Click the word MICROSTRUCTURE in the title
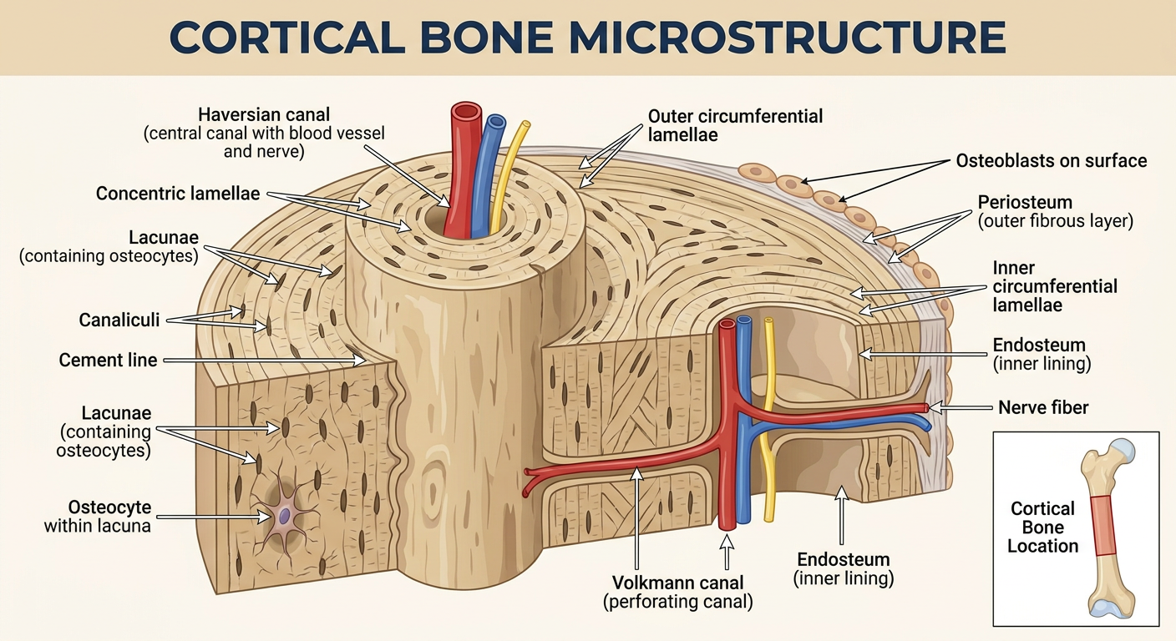pyautogui.click(x=788, y=37)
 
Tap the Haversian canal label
pyautogui.click(x=264, y=133)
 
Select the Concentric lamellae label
pyautogui.click(x=177, y=194)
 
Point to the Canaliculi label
pyautogui.click(x=119, y=320)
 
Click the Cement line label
pyautogui.click(x=108, y=360)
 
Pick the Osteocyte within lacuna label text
pyautogui.click(x=98, y=517)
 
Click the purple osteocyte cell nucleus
pyautogui.click(x=284, y=515)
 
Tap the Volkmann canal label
pyautogui.click(x=677, y=592)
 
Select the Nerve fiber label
pyautogui.click(x=1043, y=407)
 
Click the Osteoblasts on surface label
pyautogui.click(x=1051, y=160)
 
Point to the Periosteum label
pyautogui.click(x=1055, y=211)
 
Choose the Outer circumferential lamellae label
pyautogui.click(x=735, y=125)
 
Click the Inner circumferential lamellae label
pyautogui.click(x=1054, y=286)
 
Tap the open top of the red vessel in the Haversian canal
pyautogui.click(x=466, y=111)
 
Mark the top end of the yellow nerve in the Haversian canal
pyautogui.click(x=525, y=125)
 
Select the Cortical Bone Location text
pyautogui.click(x=1042, y=527)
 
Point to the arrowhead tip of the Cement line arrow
pyautogui.click(x=366, y=361)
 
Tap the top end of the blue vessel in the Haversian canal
pyautogui.click(x=494, y=123)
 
